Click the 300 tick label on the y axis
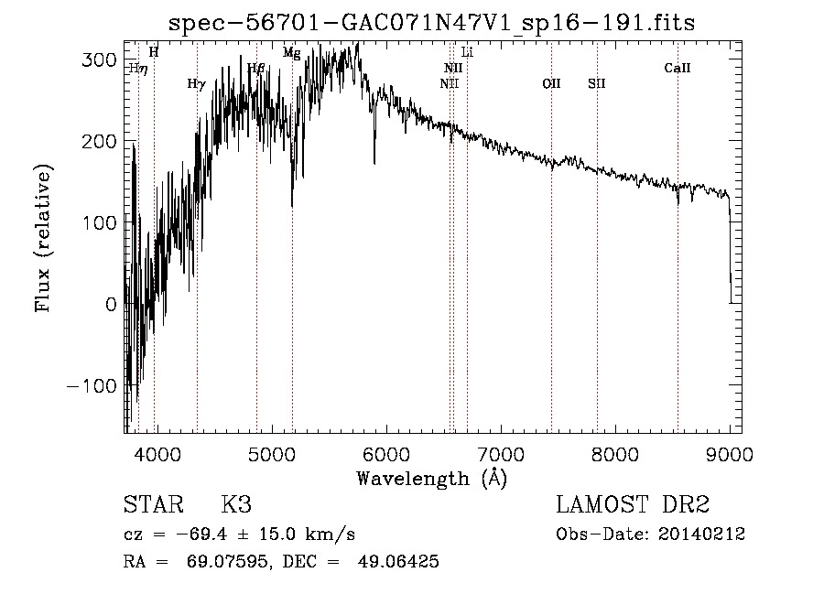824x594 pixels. [98, 60]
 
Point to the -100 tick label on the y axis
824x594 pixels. [91, 385]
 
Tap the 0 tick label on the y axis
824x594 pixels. [110, 304]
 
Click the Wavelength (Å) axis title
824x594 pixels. [431, 478]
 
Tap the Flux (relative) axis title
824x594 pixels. [43, 238]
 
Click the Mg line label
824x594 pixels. [291, 53]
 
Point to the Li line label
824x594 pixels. [467, 52]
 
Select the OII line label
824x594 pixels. [551, 83]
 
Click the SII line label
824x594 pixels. [597, 83]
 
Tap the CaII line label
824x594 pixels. [678, 68]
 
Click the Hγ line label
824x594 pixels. [196, 83]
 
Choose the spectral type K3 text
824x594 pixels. [236, 505]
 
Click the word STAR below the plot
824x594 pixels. [153, 505]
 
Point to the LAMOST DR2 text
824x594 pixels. [633, 505]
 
